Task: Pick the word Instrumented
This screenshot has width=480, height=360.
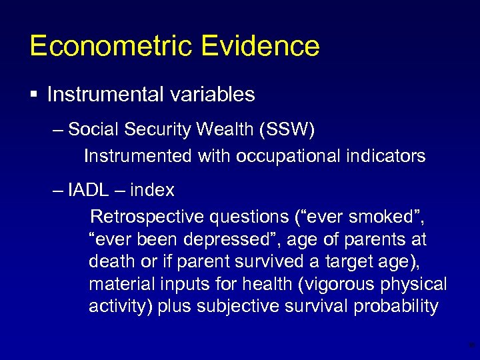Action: tap(138, 156)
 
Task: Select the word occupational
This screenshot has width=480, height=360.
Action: tap(290, 156)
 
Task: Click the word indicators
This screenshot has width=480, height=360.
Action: tap(386, 156)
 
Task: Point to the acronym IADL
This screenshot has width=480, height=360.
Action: tap(88, 190)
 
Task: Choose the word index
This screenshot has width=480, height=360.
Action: tap(152, 190)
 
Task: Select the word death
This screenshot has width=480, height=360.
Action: tap(109, 261)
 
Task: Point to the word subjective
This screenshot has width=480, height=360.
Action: tap(253, 306)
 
